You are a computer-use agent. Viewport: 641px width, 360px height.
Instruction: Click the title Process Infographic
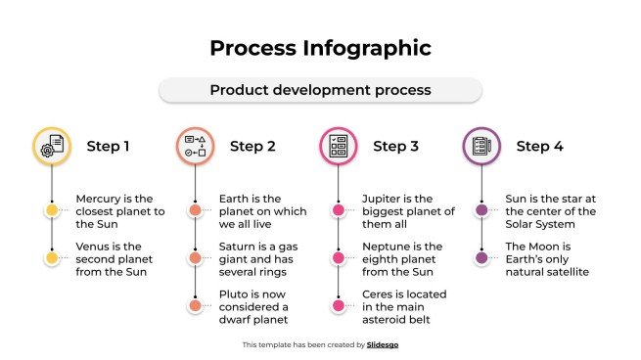[320, 48]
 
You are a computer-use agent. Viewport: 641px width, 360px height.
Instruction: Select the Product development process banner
[320, 90]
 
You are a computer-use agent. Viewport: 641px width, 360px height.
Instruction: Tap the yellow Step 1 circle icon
[52, 147]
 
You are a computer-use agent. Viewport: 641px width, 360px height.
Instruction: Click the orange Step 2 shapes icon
[195, 147]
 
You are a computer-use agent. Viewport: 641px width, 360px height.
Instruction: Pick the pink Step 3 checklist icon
[339, 147]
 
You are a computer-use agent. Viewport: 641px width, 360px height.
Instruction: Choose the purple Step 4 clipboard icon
[481, 147]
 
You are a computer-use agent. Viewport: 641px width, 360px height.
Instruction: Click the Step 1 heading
[108, 147]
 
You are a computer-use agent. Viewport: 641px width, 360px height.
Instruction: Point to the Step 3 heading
[395, 147]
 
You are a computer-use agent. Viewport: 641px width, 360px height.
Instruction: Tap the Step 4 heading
[539, 147]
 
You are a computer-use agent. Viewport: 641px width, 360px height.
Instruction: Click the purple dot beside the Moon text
[481, 258]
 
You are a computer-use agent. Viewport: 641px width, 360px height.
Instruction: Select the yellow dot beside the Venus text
[52, 258]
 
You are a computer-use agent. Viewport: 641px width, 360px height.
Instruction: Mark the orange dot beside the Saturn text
[196, 258]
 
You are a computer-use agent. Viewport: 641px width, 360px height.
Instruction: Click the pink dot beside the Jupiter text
[339, 210]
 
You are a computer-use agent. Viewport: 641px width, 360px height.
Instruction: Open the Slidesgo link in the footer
[383, 344]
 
